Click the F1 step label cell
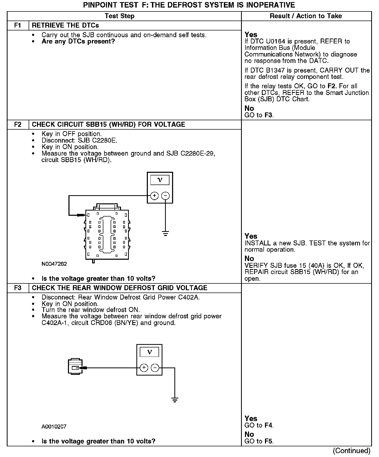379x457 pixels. (18, 26)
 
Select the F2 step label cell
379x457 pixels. (18, 124)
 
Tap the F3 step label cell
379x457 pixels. (18, 288)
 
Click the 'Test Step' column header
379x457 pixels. (119, 16)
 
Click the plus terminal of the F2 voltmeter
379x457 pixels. (154, 195)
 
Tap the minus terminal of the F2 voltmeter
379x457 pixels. (166, 195)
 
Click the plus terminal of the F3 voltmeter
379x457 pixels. (144, 368)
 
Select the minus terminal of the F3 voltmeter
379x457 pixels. (155, 368)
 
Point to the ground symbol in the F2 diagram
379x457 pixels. (166, 233)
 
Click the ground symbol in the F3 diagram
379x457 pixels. (175, 400)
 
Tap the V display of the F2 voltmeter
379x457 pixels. (160, 180)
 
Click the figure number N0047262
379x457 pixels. (54, 264)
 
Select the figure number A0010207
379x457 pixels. (54, 427)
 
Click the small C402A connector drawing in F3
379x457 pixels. (75, 367)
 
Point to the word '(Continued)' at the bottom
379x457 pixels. (351, 451)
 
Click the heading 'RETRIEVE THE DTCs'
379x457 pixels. (65, 26)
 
